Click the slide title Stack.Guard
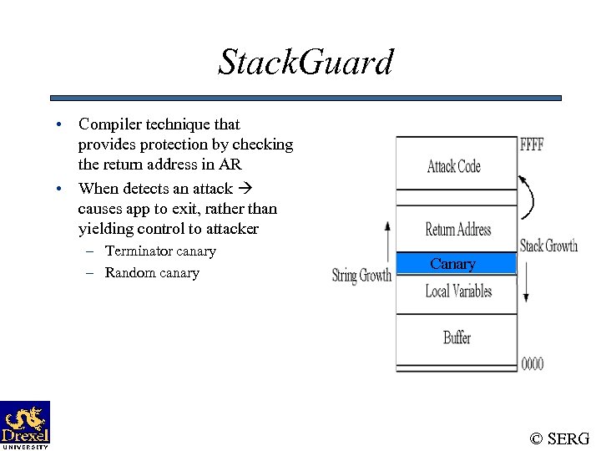(305, 62)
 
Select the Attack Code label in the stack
(453, 166)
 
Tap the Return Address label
(457, 230)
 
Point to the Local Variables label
(458, 291)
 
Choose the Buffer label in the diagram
(457, 337)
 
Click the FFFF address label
(532, 144)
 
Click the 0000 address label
(532, 363)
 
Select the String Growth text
(361, 276)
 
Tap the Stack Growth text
(548, 246)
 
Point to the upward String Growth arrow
(386, 242)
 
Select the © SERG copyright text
(559, 438)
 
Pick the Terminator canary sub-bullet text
(160, 251)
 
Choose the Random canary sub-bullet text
(152, 273)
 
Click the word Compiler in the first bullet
(109, 124)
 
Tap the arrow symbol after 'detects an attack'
(248, 189)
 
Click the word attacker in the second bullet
(230, 229)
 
